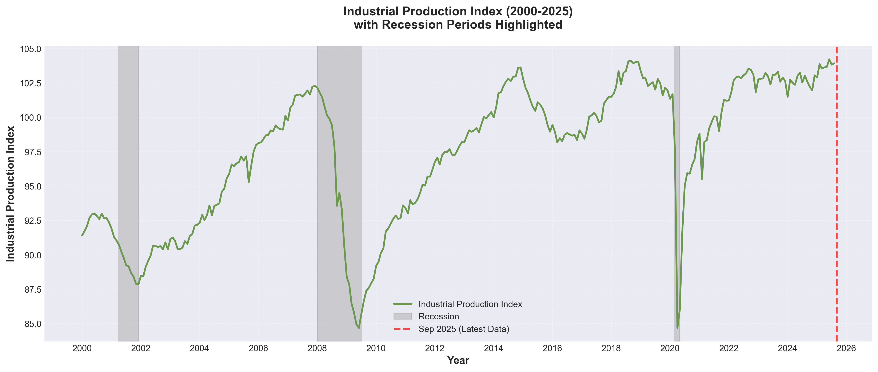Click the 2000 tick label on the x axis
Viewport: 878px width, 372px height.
coord(82,348)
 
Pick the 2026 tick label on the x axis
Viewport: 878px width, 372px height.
coord(846,348)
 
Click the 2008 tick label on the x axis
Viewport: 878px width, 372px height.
coord(317,348)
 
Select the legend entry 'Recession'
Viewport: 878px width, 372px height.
coord(438,316)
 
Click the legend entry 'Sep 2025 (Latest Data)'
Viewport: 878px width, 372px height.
coord(464,329)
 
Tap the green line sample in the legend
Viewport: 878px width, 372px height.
coord(403,304)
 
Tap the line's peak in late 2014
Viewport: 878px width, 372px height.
coord(520,67)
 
